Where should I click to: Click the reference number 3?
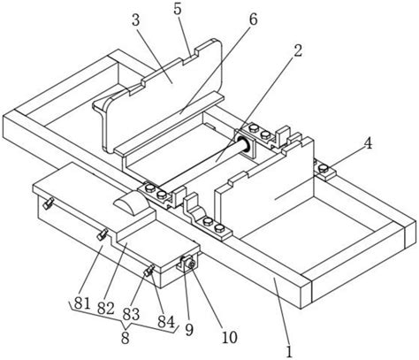[136, 21]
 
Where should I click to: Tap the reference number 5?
[178, 10]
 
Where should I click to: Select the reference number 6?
[254, 19]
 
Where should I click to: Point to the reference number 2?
[298, 50]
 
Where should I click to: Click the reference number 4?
[368, 144]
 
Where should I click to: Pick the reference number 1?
[289, 352]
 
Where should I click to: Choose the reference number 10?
[230, 337]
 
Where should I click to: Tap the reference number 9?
[189, 330]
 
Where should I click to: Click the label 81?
[82, 303]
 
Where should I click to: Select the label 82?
[105, 309]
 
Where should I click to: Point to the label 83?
[131, 314]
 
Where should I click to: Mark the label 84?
[166, 322]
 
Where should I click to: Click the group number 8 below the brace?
[126, 338]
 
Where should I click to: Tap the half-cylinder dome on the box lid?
[130, 203]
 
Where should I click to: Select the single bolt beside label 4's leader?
[324, 168]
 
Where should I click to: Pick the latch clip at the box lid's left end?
[48, 203]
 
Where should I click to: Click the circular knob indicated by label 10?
[191, 265]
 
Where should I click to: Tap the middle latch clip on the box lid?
[103, 234]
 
